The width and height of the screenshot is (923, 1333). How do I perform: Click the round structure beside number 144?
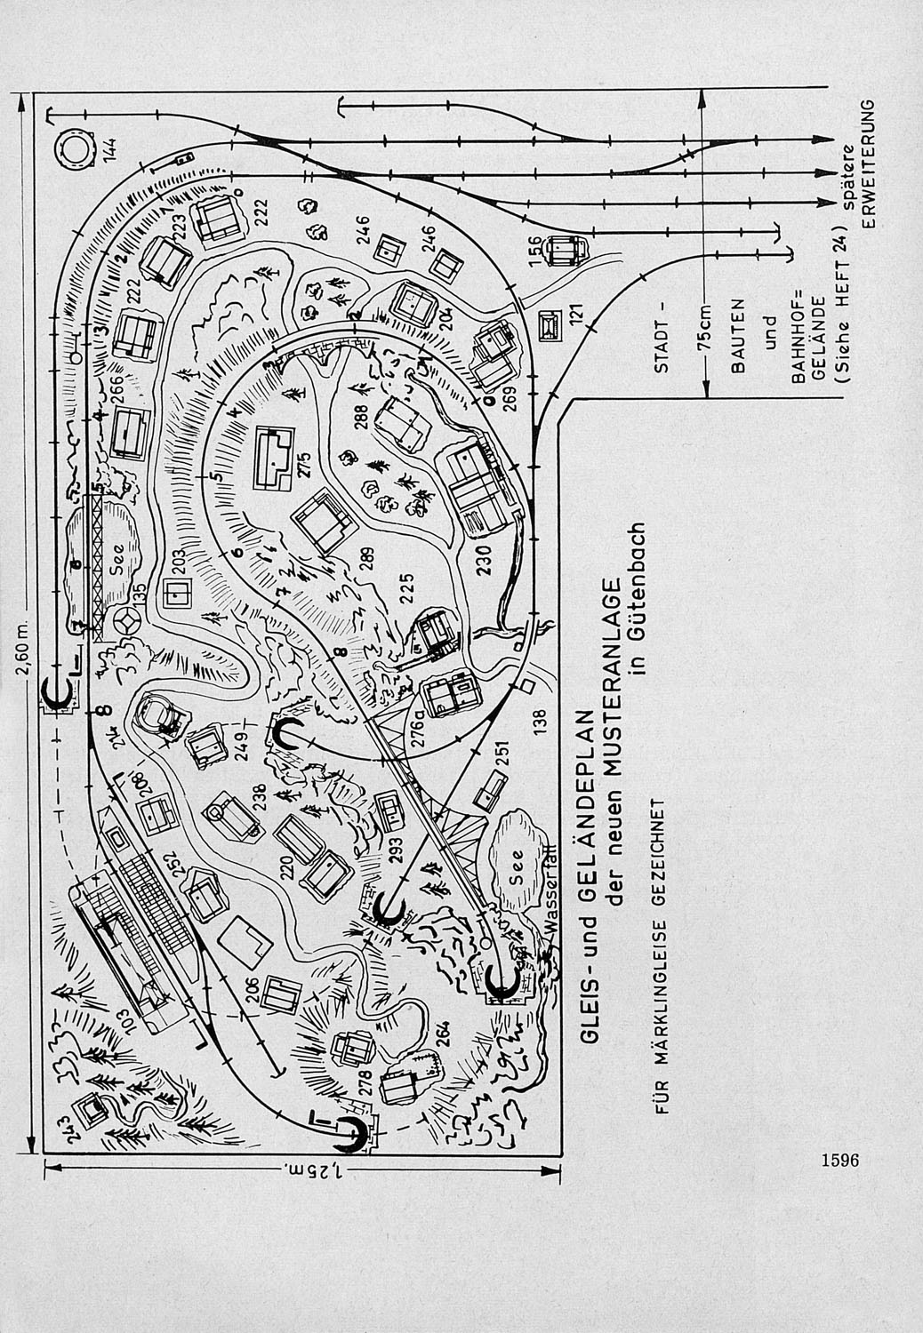click(x=74, y=148)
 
